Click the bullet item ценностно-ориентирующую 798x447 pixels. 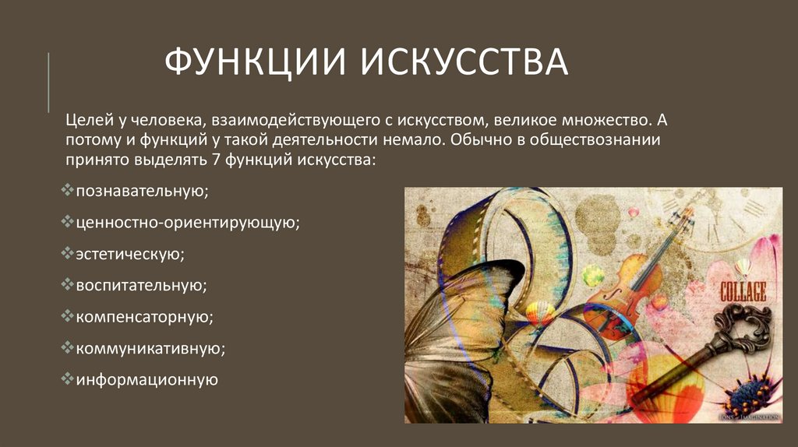click(x=188, y=222)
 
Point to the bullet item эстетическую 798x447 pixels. click(x=130, y=254)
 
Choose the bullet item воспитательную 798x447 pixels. click(x=141, y=285)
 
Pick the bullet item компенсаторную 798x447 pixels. click(x=144, y=317)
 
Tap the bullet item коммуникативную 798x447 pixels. click(x=150, y=348)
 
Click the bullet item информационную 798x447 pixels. click(x=147, y=380)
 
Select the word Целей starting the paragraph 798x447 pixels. click(x=85, y=121)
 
